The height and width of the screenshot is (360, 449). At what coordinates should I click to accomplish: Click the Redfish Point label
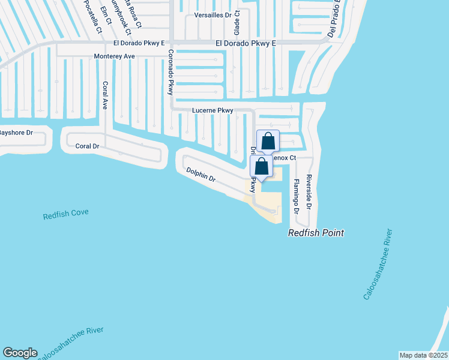point(316,233)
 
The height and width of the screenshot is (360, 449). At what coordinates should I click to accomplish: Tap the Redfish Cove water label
point(66,214)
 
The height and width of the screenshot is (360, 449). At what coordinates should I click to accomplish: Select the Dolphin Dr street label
point(200,176)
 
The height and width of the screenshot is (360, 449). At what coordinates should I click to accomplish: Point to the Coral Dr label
point(87,146)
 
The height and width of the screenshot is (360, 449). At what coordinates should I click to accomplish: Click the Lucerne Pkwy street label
point(212,110)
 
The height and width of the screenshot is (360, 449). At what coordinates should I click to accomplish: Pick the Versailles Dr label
point(213,16)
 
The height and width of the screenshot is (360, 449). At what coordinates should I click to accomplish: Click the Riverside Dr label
point(309,191)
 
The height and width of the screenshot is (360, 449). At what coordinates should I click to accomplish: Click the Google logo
point(20,353)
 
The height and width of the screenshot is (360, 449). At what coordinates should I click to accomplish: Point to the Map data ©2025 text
point(424,355)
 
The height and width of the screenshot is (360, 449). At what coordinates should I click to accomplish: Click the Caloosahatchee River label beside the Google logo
point(71,343)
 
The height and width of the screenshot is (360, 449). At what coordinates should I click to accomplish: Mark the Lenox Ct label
point(284,158)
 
